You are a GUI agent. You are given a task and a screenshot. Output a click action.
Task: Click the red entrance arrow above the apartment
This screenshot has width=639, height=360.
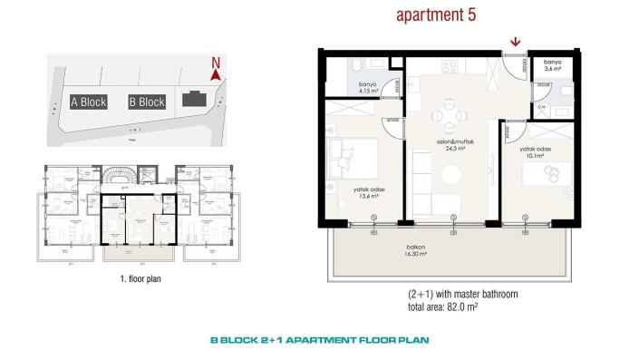click(516, 40)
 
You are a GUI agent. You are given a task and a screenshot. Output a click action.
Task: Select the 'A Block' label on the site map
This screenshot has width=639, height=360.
click(89, 102)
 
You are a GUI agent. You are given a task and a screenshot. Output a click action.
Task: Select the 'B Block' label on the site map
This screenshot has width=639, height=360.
click(146, 102)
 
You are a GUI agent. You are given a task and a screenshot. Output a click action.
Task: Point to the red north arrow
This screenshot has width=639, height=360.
click(215, 72)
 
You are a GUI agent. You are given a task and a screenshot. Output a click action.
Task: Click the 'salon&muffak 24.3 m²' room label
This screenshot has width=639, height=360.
click(450, 146)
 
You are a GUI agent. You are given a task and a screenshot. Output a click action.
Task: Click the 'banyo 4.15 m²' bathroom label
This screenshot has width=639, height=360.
click(368, 87)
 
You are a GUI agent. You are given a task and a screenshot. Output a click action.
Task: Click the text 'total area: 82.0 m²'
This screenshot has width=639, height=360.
click(453, 309)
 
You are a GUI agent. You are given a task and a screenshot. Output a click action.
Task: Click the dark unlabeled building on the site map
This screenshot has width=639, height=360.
click(193, 100)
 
